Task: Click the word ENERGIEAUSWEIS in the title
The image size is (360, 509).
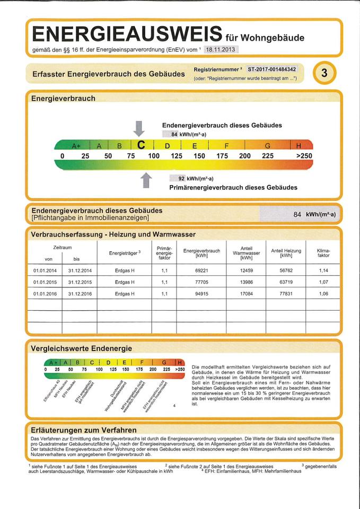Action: coord(126,34)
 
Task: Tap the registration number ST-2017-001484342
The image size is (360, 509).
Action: coord(272,69)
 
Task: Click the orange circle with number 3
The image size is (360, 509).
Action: coord(324,74)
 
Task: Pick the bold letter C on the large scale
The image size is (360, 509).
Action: coord(141,145)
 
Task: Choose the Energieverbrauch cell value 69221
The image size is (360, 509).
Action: coord(201,270)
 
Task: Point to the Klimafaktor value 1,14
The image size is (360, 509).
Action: coord(323,270)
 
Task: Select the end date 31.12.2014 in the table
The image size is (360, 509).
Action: coord(80,270)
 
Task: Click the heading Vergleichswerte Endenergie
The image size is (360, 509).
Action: coord(81,348)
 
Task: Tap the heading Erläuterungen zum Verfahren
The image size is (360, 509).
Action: coord(84,429)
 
